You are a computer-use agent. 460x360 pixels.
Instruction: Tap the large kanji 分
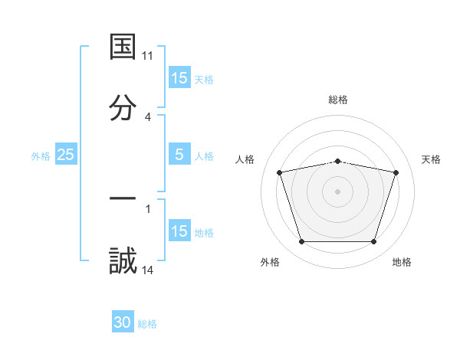(123, 107)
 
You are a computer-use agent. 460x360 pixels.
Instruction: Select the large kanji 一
(123, 199)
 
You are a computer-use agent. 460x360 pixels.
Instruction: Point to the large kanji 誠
(123, 260)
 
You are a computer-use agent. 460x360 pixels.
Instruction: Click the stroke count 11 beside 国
(148, 56)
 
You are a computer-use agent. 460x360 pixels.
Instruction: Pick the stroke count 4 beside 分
(148, 116)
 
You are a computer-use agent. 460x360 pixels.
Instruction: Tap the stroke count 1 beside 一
(148, 208)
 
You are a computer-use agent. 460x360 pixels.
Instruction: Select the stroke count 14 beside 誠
(148, 270)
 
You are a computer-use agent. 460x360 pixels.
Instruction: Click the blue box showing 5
(179, 155)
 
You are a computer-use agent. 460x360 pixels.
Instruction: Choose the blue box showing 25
(66, 155)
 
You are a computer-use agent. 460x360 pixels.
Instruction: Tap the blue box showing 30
(123, 322)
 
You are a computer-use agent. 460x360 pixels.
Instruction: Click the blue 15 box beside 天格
(179, 78)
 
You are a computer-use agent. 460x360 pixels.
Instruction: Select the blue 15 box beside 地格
(179, 231)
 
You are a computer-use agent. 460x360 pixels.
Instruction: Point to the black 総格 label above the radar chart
(338, 100)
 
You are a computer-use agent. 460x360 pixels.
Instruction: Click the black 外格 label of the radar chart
(270, 262)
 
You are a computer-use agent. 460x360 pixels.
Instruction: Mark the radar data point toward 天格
(396, 172)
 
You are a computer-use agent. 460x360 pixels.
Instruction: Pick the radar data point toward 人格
(280, 172)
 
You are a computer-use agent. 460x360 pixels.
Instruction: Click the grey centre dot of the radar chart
(338, 191)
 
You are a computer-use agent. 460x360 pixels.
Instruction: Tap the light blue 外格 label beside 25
(41, 155)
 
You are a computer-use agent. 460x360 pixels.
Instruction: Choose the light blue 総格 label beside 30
(147, 324)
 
